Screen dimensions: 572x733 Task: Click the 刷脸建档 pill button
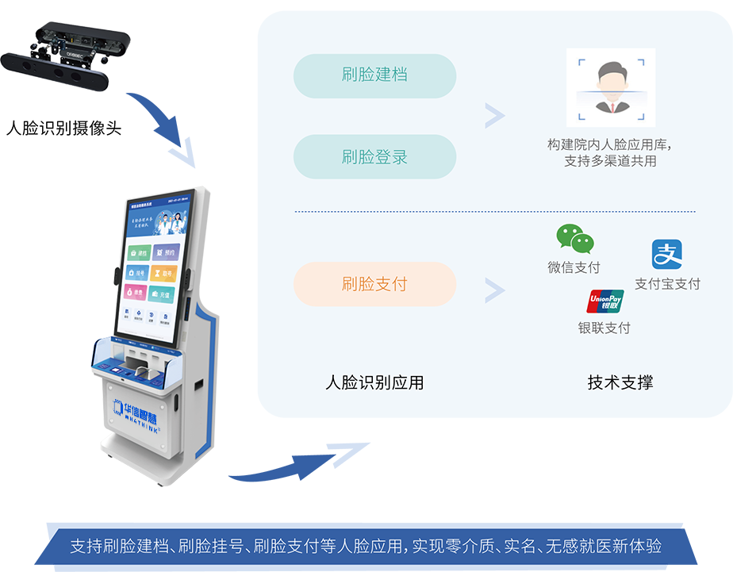[x=374, y=75]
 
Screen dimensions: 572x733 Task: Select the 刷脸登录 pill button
[x=374, y=157]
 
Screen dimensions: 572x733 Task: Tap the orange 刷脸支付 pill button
[x=374, y=284]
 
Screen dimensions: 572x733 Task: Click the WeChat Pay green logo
[x=574, y=239]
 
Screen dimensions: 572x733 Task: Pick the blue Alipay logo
[x=667, y=255]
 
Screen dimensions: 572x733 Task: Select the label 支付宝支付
[x=667, y=284]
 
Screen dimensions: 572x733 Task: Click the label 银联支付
[x=604, y=328]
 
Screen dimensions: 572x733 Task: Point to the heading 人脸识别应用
[x=374, y=382]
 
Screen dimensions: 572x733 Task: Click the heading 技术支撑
[x=620, y=382]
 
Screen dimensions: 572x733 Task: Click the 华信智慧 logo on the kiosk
[x=143, y=405]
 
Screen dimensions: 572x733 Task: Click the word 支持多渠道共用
[x=610, y=161]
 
